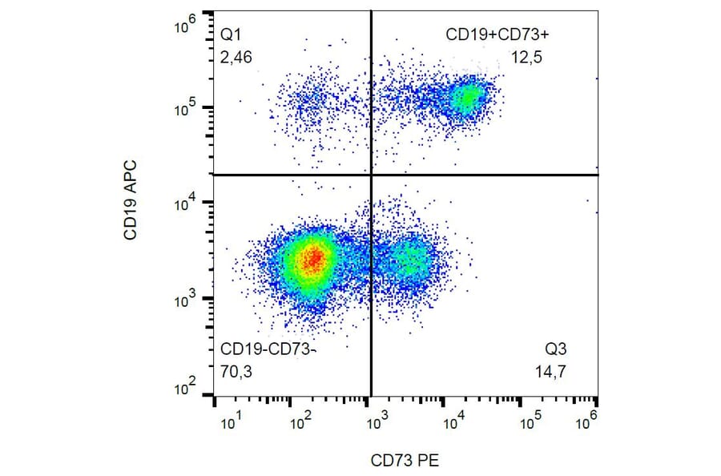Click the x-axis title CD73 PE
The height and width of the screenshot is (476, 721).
pyautogui.click(x=405, y=460)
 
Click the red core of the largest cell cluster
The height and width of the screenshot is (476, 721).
pyautogui.click(x=314, y=258)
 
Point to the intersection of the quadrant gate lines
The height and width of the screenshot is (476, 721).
pyautogui.click(x=371, y=175)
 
